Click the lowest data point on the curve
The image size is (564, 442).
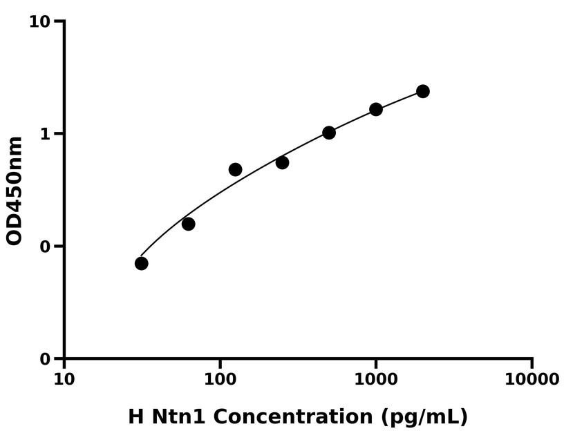pos(142,263)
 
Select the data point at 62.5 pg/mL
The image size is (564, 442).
pos(188,224)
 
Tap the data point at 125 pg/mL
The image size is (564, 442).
pos(235,169)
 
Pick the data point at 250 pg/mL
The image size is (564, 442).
pos(282,162)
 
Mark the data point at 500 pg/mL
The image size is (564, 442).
pos(329,133)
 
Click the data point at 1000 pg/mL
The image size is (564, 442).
pos(376,109)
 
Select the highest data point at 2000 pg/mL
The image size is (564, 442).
pos(423,91)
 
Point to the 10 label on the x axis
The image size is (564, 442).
pos(64,379)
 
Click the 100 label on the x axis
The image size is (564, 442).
pos(220,379)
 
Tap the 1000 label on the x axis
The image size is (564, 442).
pos(376,379)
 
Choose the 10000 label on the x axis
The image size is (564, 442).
pos(532,379)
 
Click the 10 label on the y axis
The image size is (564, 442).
pos(40,22)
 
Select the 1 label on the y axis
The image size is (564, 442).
pos(46,134)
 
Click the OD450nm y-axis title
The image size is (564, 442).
pos(15,191)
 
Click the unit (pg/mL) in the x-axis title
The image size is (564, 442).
pos(424,417)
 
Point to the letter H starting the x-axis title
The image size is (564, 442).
pos(136,417)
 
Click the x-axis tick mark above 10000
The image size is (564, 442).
pos(532,363)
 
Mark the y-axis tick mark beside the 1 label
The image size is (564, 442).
pos(59,133)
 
